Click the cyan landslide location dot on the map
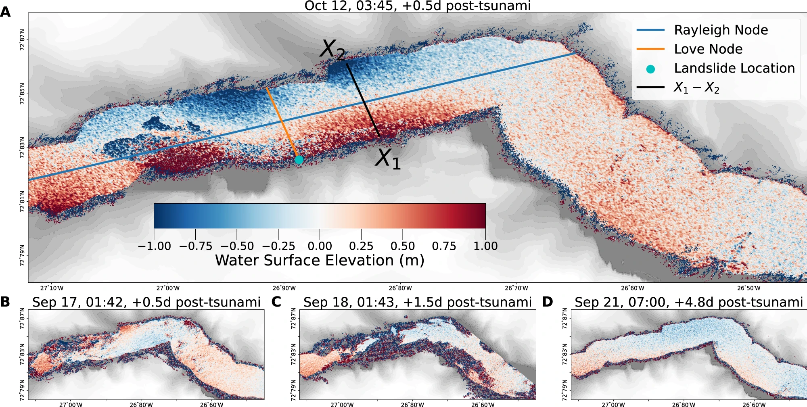tap(299, 160)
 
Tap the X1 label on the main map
tap(388, 159)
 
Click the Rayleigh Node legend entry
tap(721, 30)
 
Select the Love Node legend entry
tap(708, 49)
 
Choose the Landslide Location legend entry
tap(734, 68)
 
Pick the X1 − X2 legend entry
tap(696, 88)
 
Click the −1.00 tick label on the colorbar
tap(155, 246)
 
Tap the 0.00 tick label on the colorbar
tap(320, 246)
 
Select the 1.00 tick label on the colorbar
tap(485, 246)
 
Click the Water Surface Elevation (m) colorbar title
tap(320, 261)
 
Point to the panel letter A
tap(6, 12)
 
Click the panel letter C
tap(276, 302)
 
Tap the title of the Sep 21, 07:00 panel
tap(688, 302)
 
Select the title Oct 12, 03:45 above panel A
tap(417, 6)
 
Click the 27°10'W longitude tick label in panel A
tap(52, 288)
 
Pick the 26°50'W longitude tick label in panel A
tap(749, 288)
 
